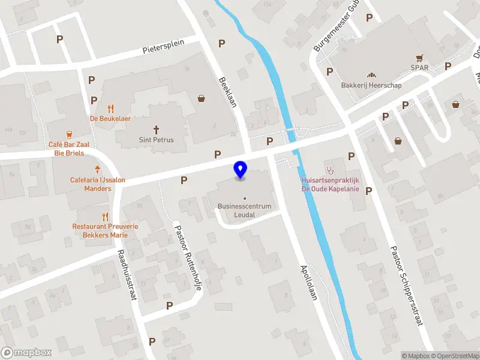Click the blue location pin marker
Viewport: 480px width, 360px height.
click(x=241, y=170)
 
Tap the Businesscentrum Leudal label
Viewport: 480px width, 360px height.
click(x=244, y=210)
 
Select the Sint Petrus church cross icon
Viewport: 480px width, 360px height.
click(x=157, y=129)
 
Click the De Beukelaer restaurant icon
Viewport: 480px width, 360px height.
click(x=110, y=109)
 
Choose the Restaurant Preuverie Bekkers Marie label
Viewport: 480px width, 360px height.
click(x=105, y=230)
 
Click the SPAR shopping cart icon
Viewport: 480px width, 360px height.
click(x=420, y=58)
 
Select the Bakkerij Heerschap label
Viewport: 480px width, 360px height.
click(x=371, y=85)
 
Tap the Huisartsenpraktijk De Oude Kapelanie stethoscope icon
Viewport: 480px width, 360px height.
click(x=329, y=169)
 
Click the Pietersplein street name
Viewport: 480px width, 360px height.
click(x=171, y=47)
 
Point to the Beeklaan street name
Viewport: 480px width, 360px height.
click(x=229, y=92)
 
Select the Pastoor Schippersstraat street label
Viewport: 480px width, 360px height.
click(x=406, y=285)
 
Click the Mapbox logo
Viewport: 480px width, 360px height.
click(x=26, y=353)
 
